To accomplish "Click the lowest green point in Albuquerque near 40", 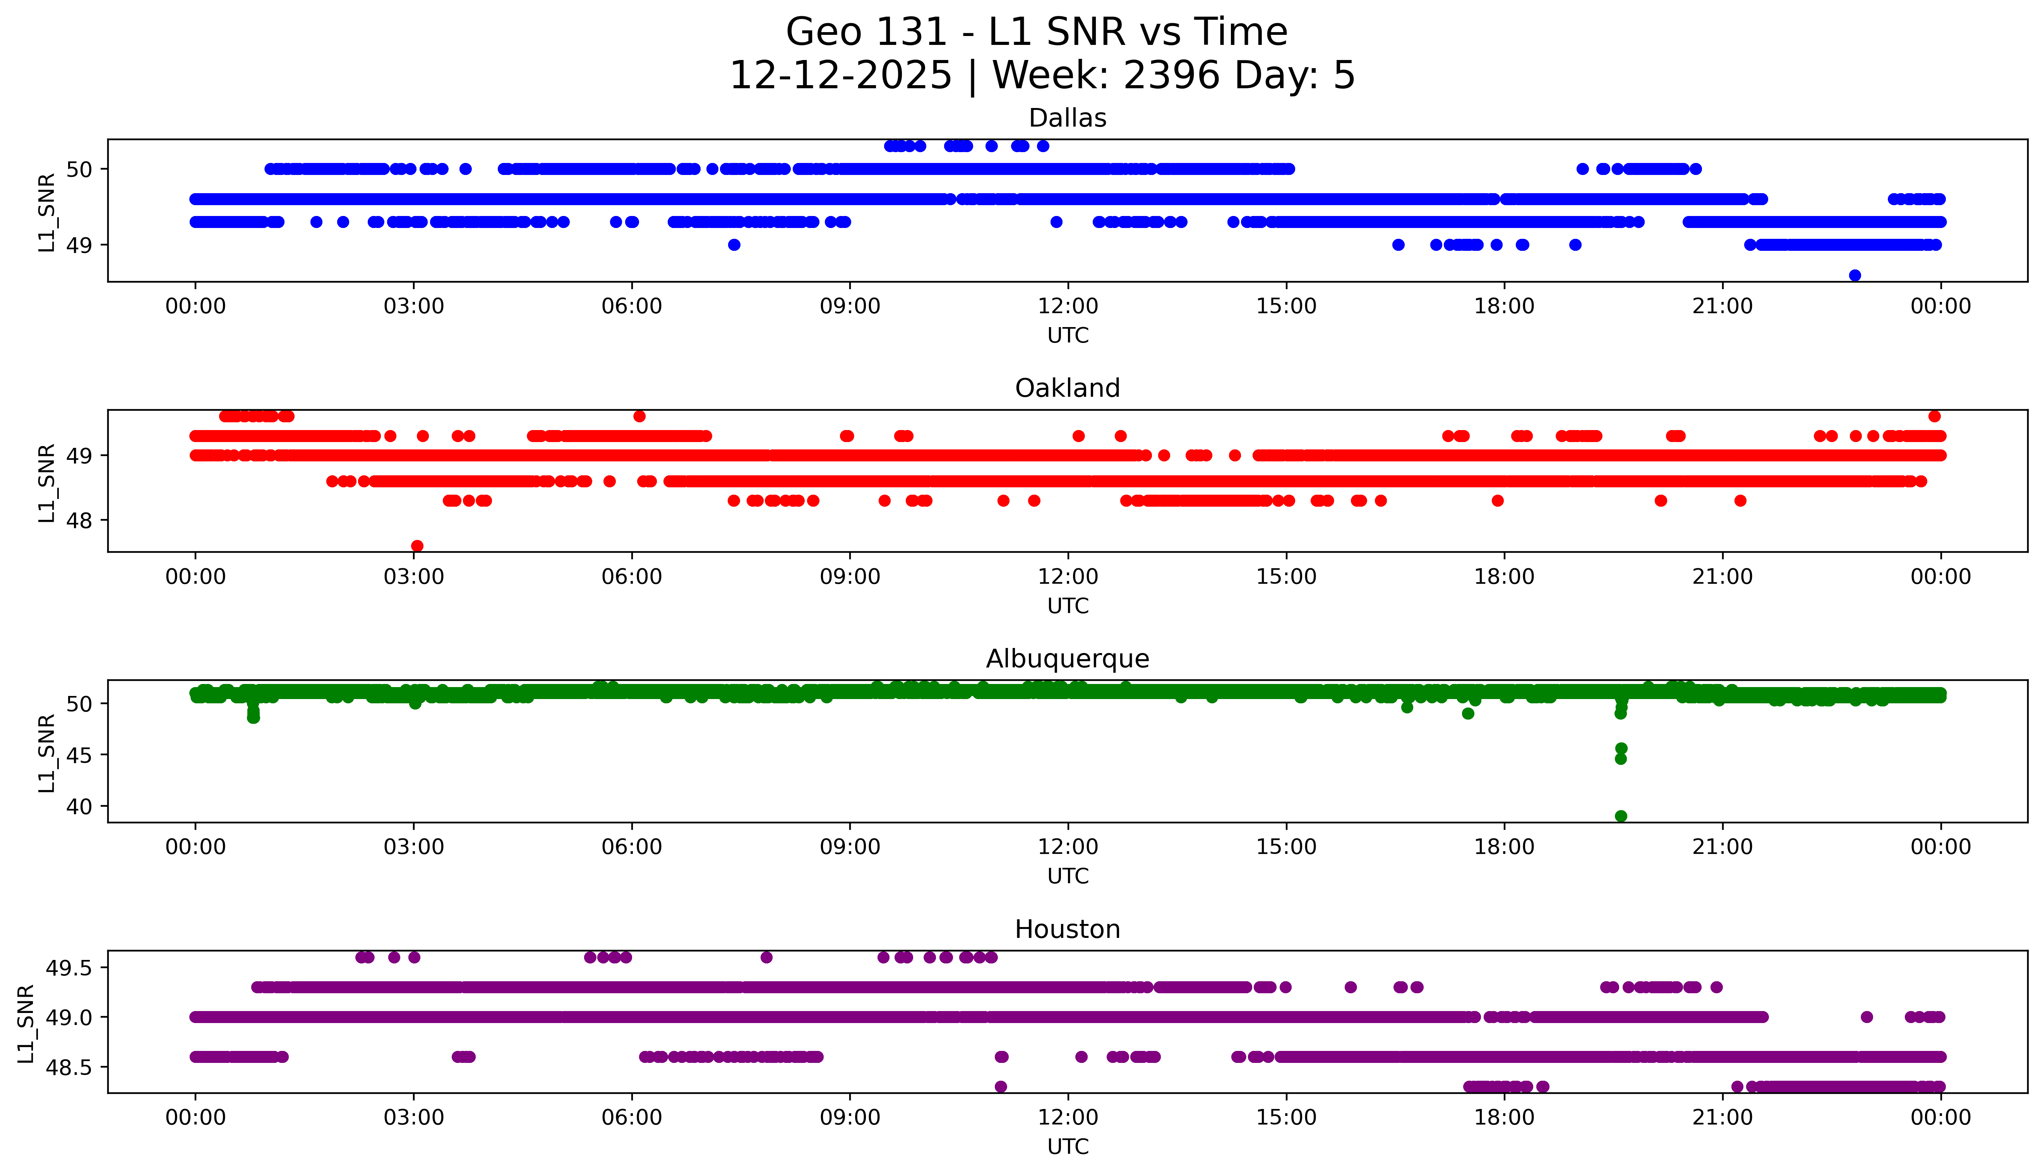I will tap(1621, 816).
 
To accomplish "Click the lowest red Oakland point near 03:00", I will tap(417, 546).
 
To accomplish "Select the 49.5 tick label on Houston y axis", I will tap(69, 968).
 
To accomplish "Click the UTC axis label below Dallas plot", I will tap(1068, 336).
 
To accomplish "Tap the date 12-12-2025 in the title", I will tap(841, 76).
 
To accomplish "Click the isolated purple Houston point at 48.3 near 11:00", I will tap(1001, 1086).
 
